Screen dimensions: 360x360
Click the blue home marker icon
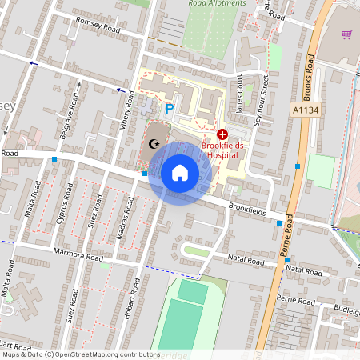[x=180, y=172]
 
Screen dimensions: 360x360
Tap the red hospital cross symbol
[x=222, y=136]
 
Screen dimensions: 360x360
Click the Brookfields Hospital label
[x=223, y=151]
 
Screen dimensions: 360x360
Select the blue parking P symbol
[x=169, y=108]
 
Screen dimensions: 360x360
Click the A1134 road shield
[x=305, y=110]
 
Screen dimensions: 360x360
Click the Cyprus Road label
[x=65, y=207]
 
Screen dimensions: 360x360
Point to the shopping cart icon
[x=346, y=35]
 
